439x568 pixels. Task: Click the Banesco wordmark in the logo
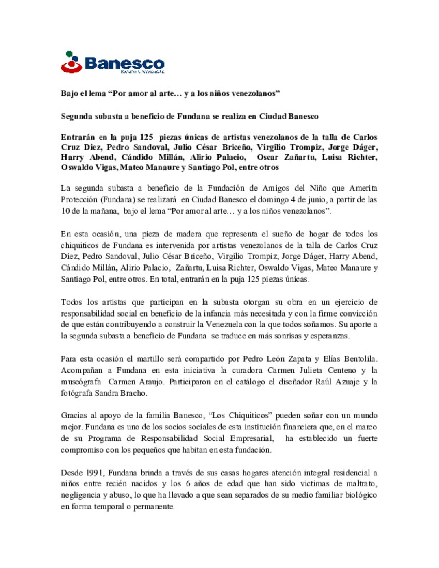124,63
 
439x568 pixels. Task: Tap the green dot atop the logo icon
70,54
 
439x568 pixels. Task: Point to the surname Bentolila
360,359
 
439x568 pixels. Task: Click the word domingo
273,199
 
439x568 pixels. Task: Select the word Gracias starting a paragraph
73,415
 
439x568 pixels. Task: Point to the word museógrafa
81,382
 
